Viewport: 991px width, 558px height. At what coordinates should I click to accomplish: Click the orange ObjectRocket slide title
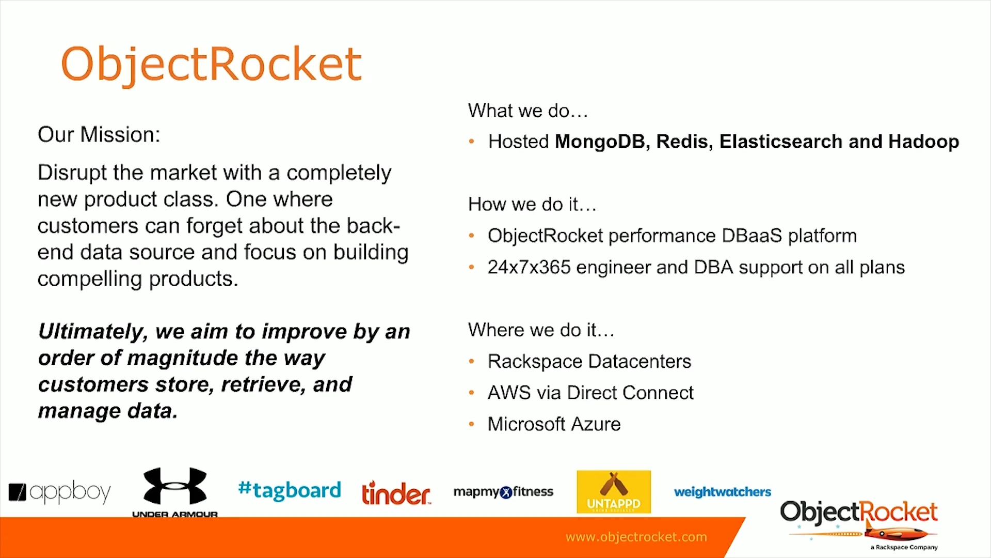coord(211,64)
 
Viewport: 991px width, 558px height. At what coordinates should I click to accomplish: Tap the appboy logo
coord(60,492)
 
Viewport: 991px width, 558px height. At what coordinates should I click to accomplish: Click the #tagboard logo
coord(290,490)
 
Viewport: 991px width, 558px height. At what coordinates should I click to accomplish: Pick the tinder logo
coord(396,493)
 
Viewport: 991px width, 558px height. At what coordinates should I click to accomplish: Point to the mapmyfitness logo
coord(503,492)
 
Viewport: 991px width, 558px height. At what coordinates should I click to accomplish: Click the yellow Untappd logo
coord(613,491)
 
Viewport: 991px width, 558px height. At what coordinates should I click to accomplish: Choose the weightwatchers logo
coord(722,492)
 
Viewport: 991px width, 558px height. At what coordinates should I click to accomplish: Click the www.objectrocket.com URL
coord(636,537)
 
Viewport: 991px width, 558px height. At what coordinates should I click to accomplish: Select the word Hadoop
coord(923,142)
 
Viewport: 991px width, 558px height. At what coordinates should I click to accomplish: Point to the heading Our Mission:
coord(99,135)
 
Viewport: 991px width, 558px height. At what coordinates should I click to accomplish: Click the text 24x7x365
coord(529,267)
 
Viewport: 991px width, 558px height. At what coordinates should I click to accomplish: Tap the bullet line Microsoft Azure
coord(554,424)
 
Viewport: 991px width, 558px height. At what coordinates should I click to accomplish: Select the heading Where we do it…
coord(540,330)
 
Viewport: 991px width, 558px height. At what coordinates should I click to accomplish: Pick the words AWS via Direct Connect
coord(590,393)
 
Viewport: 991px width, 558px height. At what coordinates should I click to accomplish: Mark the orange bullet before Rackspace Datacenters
coord(471,362)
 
